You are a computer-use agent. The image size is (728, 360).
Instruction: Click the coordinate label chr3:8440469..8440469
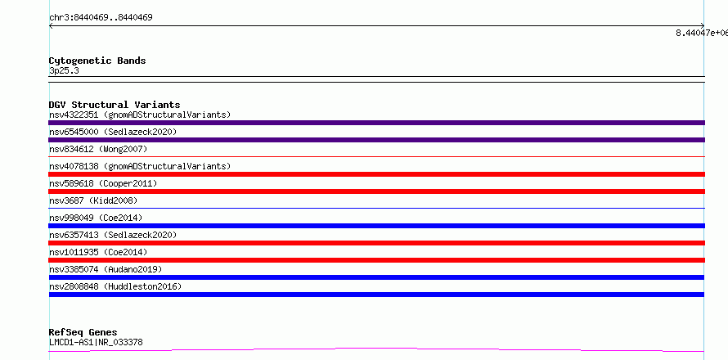[101, 18]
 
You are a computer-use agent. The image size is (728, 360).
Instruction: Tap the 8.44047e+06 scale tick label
[702, 33]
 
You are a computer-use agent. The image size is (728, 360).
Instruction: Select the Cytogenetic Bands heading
[97, 61]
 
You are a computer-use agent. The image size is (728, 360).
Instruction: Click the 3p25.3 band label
[64, 71]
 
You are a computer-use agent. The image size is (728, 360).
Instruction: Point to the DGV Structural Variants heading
[115, 105]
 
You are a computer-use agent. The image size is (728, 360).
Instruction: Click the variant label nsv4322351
[74, 115]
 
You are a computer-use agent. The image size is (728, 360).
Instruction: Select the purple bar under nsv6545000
[376, 140]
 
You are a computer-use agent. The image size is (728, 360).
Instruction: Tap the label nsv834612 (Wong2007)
[98, 149]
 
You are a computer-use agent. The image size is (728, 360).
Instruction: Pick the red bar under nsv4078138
[376, 174]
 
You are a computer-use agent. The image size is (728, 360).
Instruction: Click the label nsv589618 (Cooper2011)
[103, 183]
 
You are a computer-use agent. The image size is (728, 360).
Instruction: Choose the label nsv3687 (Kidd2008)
[93, 200]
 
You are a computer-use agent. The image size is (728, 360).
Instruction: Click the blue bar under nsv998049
[376, 226]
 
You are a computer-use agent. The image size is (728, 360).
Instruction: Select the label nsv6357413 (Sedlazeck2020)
[113, 235]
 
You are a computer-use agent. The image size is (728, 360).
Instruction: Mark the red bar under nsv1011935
[376, 260]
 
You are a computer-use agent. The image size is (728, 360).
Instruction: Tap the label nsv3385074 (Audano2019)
[106, 269]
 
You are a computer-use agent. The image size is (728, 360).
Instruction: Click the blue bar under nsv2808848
[376, 295]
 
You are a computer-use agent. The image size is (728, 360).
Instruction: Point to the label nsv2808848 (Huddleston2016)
[115, 286]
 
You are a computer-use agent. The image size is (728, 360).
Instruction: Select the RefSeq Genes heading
[83, 333]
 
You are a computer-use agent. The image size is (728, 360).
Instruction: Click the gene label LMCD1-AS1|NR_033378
[96, 343]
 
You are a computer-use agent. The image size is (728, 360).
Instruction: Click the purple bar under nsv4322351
[376, 123]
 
